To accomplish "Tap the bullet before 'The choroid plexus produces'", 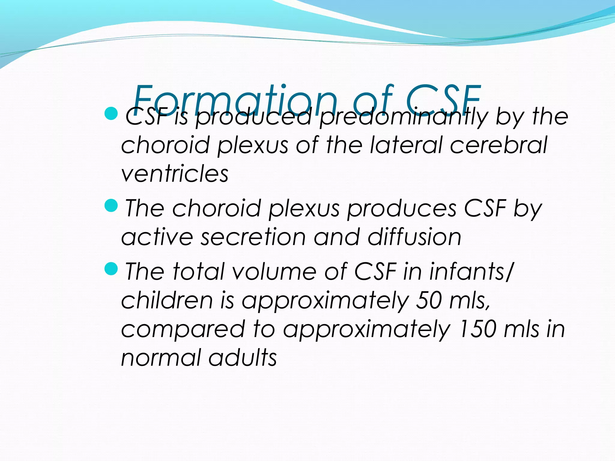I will [111, 206].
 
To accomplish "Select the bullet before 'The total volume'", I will [111, 269].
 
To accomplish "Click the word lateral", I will [406, 145].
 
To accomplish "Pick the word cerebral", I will [498, 145].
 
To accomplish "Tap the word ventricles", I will [175, 174].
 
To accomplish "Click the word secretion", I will [253, 237].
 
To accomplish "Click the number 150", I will [478, 329].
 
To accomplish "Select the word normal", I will [161, 358].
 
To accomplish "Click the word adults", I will [243, 358].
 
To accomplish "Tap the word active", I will [157, 237].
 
